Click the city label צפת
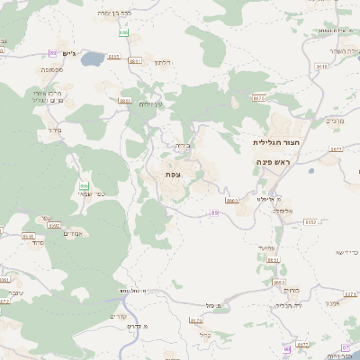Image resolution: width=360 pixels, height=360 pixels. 173,174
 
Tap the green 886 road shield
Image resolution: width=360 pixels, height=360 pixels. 122,32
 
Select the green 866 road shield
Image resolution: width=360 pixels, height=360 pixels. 84,185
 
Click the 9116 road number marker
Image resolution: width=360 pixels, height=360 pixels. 321,66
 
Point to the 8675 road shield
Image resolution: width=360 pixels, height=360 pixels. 260,98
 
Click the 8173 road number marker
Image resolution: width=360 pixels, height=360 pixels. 196,319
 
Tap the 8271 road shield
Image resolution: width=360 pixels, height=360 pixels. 349,294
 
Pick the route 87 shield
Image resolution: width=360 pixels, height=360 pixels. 346,346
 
